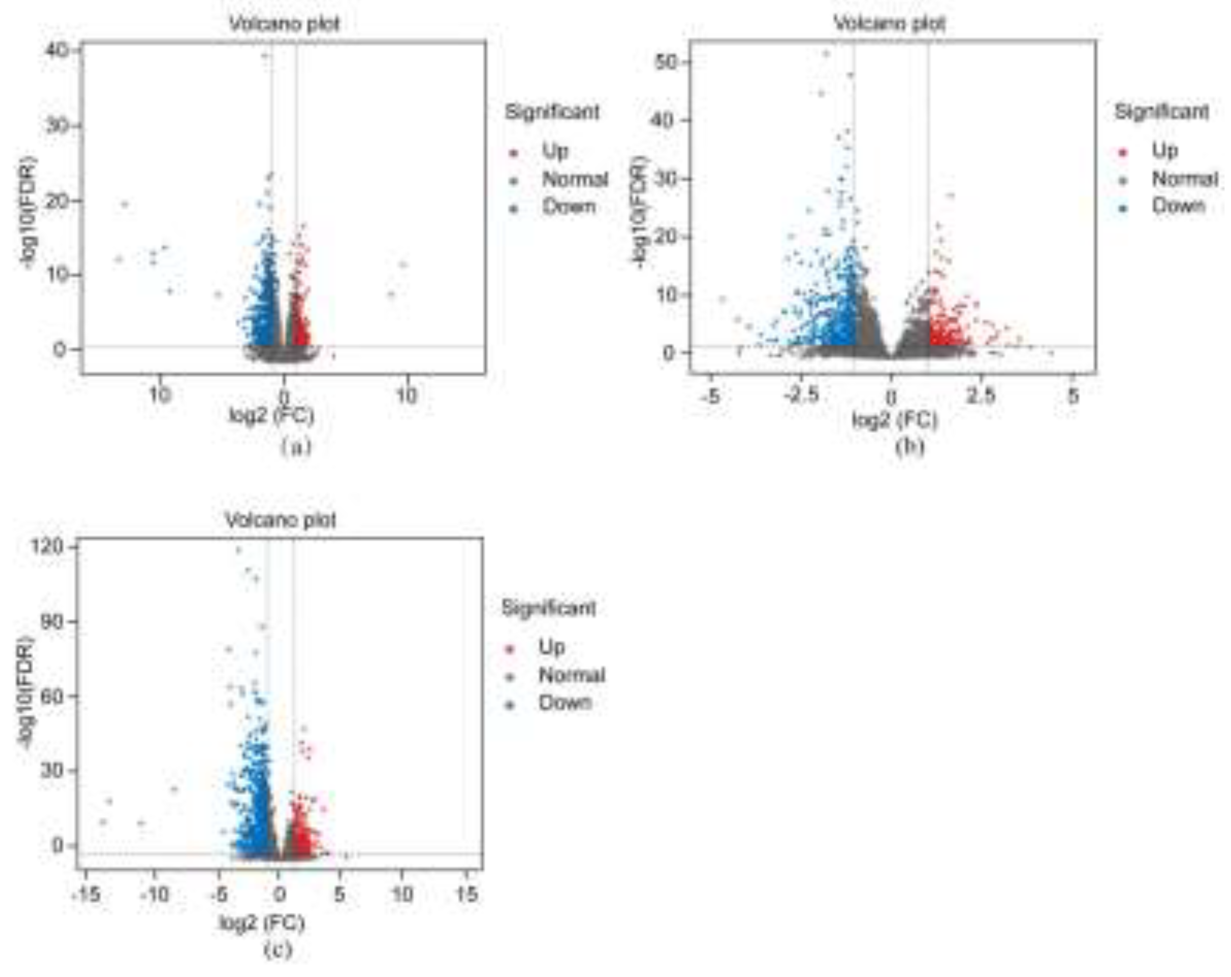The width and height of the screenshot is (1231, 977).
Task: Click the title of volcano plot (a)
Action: (284, 24)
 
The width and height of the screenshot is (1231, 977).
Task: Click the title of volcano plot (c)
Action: (280, 520)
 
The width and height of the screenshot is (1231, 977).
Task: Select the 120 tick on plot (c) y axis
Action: (47, 547)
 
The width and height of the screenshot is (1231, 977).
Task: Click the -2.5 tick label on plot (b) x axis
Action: (801, 395)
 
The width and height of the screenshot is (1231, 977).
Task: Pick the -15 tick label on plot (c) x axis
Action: (87, 893)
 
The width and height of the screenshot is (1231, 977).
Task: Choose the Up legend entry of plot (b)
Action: (1164, 151)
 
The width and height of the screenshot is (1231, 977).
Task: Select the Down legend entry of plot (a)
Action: (568, 207)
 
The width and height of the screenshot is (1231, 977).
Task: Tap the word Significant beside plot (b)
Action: (1161, 112)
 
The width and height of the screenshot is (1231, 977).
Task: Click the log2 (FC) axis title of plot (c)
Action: (262, 923)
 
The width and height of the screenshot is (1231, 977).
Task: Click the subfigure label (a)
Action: (296, 447)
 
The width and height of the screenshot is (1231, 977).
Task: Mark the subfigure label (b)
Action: (909, 447)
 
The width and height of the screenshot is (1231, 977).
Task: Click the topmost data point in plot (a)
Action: (265, 55)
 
